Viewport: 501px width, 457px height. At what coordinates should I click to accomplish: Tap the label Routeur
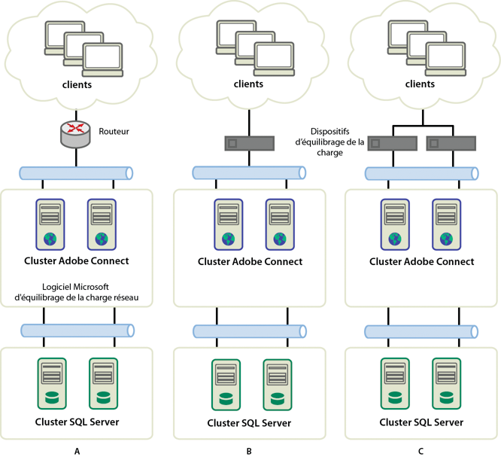click(x=114, y=131)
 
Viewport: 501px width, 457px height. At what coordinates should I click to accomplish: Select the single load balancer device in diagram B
click(x=249, y=142)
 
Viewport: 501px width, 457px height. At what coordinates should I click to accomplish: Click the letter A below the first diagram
click(x=77, y=451)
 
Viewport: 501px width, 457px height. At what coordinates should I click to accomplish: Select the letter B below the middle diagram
click(x=249, y=451)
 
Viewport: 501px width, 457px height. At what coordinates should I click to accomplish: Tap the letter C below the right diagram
click(x=421, y=451)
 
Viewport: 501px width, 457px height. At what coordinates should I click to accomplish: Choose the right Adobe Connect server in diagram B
click(x=278, y=224)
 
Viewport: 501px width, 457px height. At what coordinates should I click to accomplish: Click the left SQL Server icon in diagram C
click(x=393, y=384)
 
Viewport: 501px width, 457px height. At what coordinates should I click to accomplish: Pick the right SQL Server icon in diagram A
click(x=104, y=384)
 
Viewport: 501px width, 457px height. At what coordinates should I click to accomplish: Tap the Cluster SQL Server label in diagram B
click(x=249, y=423)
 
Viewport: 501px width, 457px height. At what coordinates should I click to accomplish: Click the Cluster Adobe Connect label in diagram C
click(x=421, y=261)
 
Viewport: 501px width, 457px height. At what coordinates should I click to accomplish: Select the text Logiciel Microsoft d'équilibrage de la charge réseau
click(x=77, y=292)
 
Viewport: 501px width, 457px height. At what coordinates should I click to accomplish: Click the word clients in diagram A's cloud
click(x=77, y=84)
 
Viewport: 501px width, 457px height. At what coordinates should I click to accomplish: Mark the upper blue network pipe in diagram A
click(x=77, y=173)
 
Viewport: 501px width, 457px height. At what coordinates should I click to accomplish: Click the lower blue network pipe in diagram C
click(x=421, y=331)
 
